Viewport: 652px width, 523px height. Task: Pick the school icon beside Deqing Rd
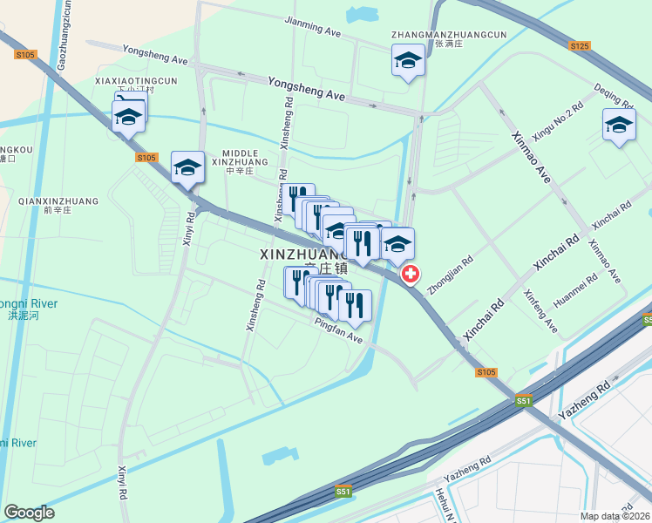click(619, 125)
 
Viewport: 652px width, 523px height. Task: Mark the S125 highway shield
click(580, 45)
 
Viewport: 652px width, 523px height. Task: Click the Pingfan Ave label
click(338, 330)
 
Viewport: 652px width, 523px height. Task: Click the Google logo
click(30, 513)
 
